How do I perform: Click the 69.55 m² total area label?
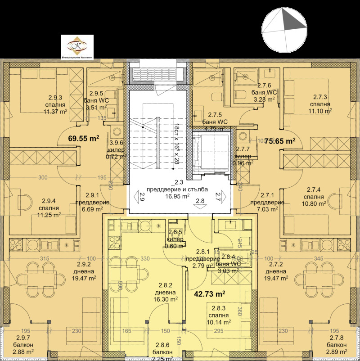pyautogui.click(x=83, y=139)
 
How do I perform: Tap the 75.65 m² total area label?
pyautogui.click(x=279, y=140)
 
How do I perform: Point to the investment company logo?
pyautogui.click(x=77, y=46)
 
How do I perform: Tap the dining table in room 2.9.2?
pyautogui.click(x=38, y=274)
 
